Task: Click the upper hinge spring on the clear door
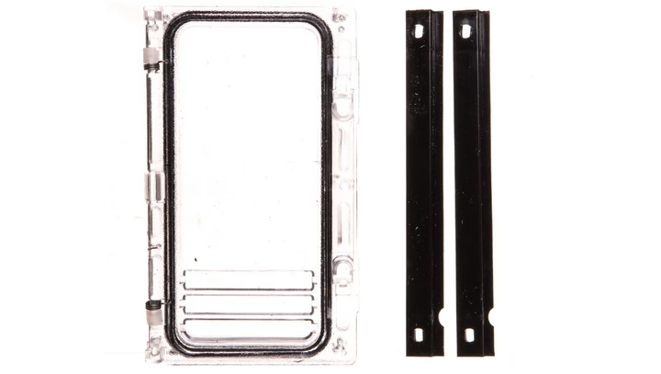click(150, 66)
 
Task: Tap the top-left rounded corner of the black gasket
click(174, 25)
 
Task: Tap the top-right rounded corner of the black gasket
click(320, 25)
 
